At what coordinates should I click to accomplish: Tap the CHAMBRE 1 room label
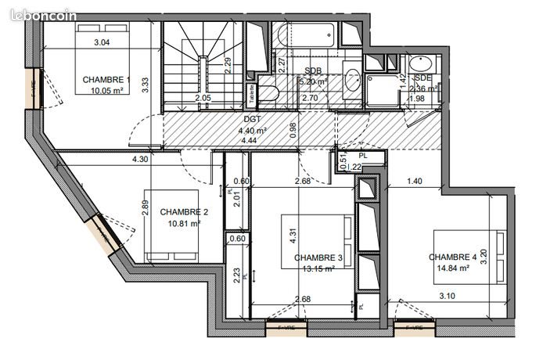coord(106,79)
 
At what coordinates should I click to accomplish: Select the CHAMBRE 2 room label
coord(183,212)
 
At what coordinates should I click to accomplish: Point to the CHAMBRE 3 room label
coord(318,257)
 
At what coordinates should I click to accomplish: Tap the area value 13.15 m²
coord(318,268)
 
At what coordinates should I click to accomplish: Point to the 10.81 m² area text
coord(183,223)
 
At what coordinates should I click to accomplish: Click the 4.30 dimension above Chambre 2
coord(140,160)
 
